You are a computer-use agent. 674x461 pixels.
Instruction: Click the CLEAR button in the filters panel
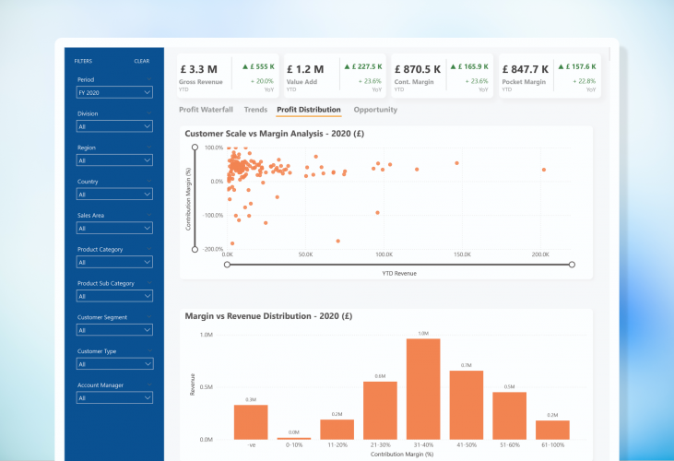coord(141,61)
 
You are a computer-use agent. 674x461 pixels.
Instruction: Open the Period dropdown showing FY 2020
coord(114,92)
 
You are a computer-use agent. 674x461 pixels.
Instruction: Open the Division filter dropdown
coord(114,126)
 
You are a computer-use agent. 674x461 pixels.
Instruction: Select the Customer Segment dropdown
coord(114,330)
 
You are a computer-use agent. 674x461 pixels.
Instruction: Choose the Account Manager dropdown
coord(114,398)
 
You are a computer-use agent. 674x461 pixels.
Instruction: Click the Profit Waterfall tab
coord(206,110)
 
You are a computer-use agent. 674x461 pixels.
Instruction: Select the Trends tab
coord(255,110)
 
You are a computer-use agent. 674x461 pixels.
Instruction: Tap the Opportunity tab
coord(375,110)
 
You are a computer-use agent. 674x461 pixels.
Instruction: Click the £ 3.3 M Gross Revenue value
coord(199,69)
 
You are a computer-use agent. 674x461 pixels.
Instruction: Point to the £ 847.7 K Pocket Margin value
coord(526,69)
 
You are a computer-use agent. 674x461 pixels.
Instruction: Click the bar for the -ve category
coord(251,422)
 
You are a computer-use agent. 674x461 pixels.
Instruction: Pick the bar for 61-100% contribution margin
coord(552,430)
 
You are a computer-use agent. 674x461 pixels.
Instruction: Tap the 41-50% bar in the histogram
coord(467,405)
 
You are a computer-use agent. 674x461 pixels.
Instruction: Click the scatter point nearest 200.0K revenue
coord(544,170)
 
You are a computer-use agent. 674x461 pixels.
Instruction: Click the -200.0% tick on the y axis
coord(213,249)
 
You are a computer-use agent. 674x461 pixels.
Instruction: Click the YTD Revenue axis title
coord(400,274)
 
